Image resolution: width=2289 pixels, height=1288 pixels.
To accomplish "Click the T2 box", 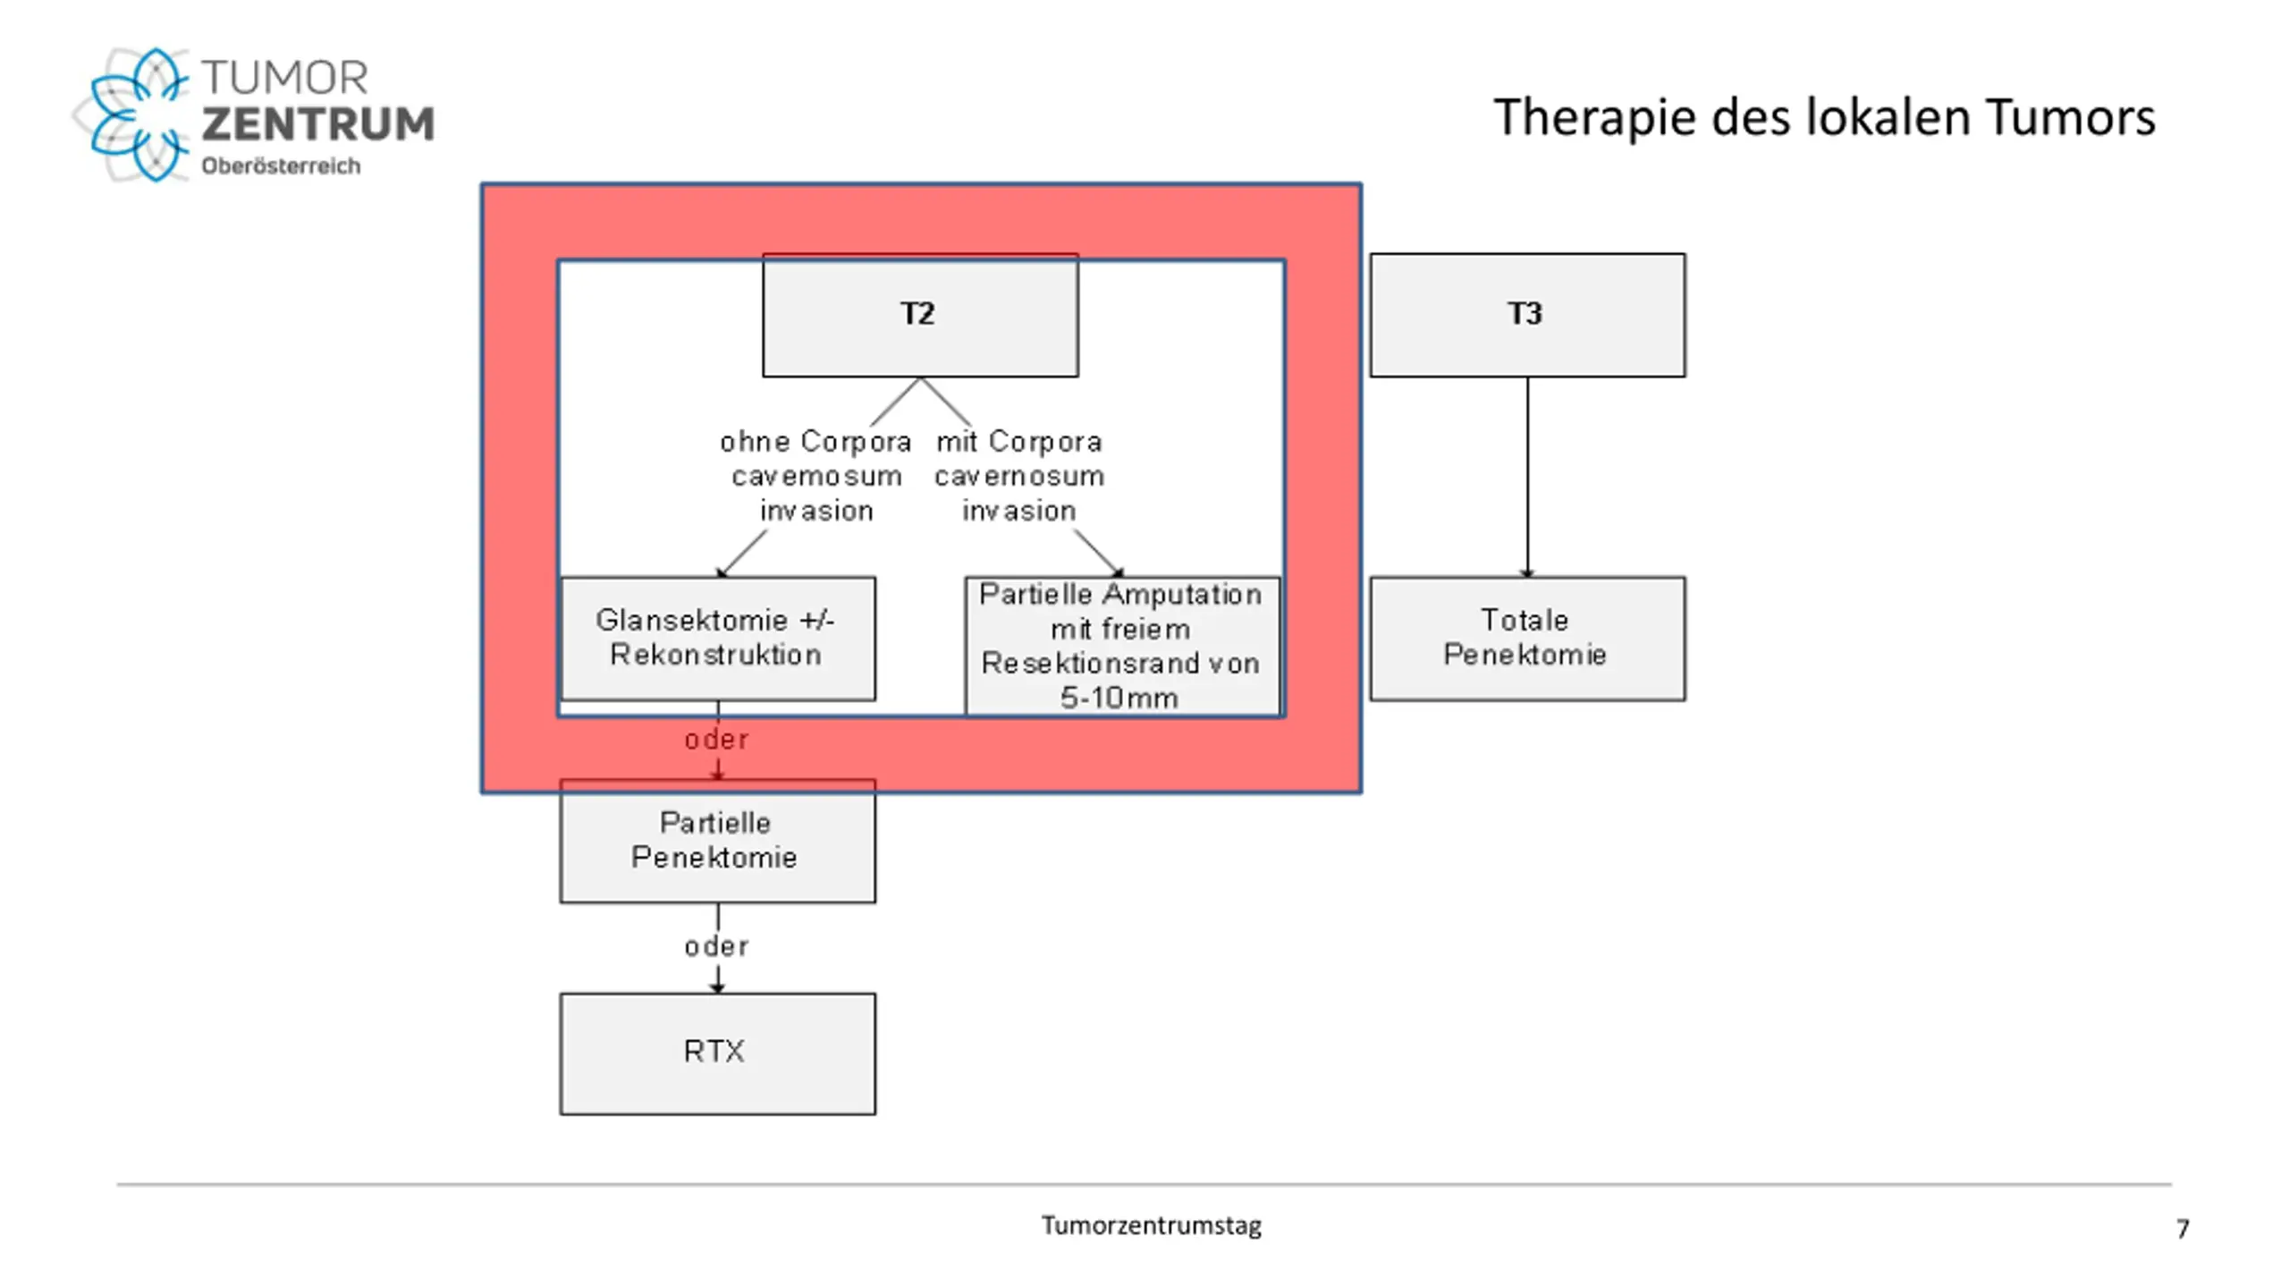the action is coord(920,315).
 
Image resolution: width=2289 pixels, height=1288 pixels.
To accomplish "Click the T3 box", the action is coord(1527,315).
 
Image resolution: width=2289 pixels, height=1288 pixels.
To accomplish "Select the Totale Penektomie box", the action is coord(1527,639).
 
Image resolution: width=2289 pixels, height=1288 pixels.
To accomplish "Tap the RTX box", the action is coord(718,1054).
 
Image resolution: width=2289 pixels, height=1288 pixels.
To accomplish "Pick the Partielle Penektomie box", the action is coord(718,841).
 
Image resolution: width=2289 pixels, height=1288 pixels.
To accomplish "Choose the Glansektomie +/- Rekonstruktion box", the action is coord(718,639).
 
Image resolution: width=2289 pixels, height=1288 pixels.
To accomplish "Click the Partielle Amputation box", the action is coord(1122,646).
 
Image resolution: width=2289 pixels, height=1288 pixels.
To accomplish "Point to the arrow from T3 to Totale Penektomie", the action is coord(1527,477).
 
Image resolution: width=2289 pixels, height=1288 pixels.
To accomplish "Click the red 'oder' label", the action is coord(716,740).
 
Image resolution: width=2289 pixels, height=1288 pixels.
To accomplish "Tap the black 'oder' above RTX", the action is coord(716,946).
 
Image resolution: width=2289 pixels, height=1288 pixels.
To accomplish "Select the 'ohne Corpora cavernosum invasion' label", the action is coord(815,476).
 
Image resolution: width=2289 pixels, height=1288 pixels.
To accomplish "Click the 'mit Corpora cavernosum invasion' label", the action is coord(1019,476).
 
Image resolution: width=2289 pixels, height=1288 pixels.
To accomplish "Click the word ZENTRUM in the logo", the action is coord(318,124).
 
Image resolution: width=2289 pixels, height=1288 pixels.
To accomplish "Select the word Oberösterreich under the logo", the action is coord(281,165).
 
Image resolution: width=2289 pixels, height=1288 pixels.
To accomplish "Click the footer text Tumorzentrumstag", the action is coord(1152,1225).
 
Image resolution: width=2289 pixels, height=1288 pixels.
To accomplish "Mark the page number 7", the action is coord(2183,1229).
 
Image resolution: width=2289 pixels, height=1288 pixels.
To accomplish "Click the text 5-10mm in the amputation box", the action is coord(1119,698).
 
